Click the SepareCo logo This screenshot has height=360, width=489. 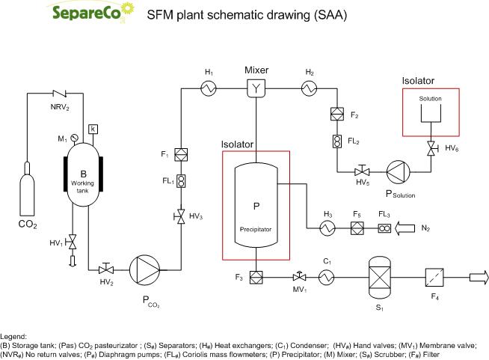(x=79, y=13)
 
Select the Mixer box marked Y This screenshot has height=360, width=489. (x=256, y=89)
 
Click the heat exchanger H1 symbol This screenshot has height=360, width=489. (x=209, y=89)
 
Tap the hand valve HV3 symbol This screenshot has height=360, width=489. (x=180, y=216)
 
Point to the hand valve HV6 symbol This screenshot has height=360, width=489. (x=432, y=148)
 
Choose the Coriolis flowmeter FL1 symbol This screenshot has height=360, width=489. (x=180, y=180)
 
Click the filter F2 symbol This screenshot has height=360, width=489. (x=335, y=115)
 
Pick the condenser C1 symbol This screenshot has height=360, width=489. (x=325, y=277)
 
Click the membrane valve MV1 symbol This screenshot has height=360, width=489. (x=296, y=276)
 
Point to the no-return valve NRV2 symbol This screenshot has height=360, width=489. (x=59, y=94)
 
